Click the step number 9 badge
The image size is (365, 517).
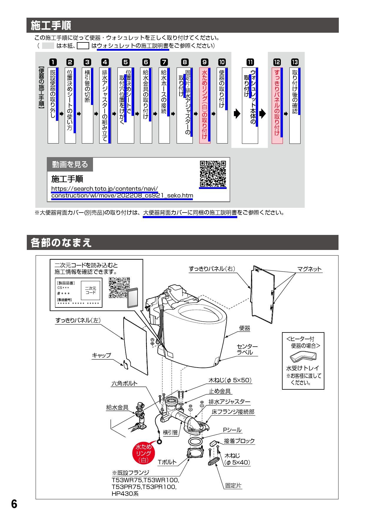tap(205, 62)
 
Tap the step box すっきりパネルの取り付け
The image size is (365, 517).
tap(277, 106)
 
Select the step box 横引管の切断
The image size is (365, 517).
tap(87, 106)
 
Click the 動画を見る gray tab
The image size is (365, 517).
tap(70, 164)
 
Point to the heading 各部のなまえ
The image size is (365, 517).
tap(61, 243)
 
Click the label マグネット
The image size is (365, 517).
tap(309, 269)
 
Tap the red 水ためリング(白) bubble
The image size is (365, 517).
tap(143, 453)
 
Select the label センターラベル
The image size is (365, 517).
tap(247, 349)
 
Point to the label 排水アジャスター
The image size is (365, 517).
tap(229, 402)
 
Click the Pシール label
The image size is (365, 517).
tap(232, 430)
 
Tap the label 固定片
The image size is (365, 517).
tap(233, 485)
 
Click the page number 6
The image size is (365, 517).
tap(14, 504)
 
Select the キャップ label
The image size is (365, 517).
tap(102, 355)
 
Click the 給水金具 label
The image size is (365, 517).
tap(117, 407)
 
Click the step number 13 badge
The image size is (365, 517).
tap(295, 62)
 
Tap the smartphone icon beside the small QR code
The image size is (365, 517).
tap(134, 298)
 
